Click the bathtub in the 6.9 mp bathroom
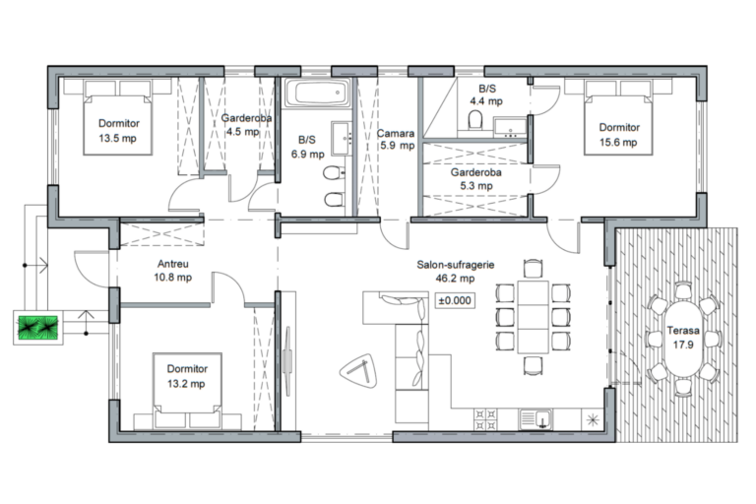point(317,93)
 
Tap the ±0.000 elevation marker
point(455,300)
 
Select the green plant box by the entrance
point(38,327)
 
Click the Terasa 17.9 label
point(683,338)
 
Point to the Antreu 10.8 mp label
point(172,271)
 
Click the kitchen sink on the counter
point(535,419)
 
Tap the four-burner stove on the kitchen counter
point(485,419)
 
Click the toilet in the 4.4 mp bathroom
point(475,120)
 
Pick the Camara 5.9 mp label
point(397,139)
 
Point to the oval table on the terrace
point(683,339)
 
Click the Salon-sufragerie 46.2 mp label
point(455,271)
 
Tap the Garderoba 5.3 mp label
point(475,179)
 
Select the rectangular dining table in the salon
point(533,317)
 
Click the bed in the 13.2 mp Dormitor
point(188,391)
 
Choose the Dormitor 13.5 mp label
point(118,131)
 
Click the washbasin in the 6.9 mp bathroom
point(342,139)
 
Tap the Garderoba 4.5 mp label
point(246,124)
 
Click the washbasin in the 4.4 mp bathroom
point(510,127)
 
